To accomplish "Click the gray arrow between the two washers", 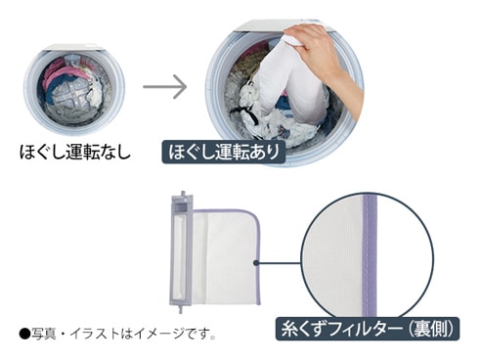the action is (x=165, y=87).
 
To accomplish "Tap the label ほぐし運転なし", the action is (x=75, y=152).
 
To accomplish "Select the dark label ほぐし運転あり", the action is (x=224, y=152).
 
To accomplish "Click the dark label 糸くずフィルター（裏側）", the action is (x=368, y=329).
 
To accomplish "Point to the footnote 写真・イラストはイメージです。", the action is (x=123, y=334).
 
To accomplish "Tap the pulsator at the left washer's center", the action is (x=73, y=94).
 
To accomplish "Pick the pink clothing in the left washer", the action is (x=62, y=73).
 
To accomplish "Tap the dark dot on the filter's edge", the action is (x=256, y=262).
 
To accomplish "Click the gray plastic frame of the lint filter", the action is (x=182, y=250).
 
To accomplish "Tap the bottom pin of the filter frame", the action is (x=180, y=309).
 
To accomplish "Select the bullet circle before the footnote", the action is (x=24, y=334).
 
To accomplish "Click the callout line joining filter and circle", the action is (x=280, y=262).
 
